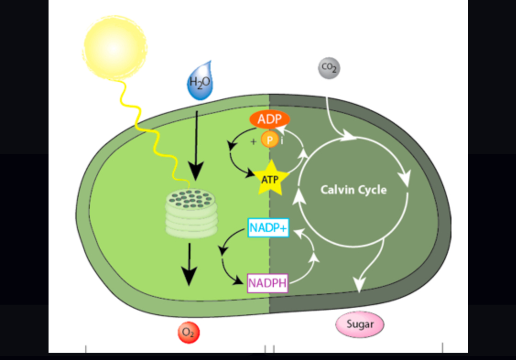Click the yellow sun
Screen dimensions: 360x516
(115, 44)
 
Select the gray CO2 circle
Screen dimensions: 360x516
(329, 68)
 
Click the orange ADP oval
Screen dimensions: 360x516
(269, 119)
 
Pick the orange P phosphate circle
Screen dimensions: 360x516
(269, 140)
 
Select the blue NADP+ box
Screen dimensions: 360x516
(268, 227)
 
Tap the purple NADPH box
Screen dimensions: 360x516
(267, 283)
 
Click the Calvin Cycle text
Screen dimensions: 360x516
(353, 189)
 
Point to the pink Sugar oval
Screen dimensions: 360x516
(360, 325)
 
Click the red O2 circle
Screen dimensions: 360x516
(189, 333)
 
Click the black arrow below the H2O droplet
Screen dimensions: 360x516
(196, 146)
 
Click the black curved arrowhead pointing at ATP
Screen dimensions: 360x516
(250, 174)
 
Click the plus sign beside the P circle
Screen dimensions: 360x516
(253, 142)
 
